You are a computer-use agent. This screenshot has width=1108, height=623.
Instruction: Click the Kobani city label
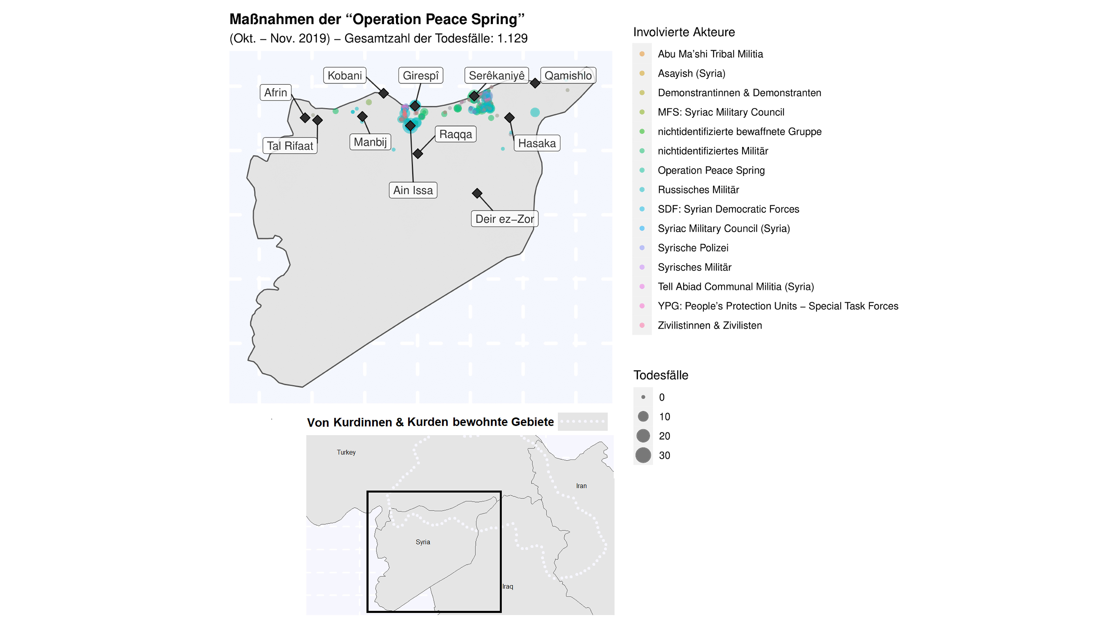coord(345,76)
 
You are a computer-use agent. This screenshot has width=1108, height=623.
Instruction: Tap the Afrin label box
coord(275,92)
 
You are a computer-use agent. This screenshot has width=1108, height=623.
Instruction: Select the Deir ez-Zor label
coord(504,219)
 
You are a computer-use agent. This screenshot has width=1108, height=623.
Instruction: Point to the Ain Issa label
coord(413,190)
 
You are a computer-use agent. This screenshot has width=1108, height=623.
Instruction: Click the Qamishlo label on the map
coord(568,76)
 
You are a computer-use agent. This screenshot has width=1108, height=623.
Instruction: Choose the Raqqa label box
coord(456,134)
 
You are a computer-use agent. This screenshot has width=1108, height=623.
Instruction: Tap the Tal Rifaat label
coord(290,146)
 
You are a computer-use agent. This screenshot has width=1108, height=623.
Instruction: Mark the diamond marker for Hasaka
coord(510,117)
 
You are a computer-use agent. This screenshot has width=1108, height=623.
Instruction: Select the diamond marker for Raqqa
coord(418,154)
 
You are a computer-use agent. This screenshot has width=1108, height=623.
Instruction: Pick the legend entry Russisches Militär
coord(698,190)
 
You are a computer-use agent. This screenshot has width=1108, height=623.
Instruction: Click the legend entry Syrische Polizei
coord(693,248)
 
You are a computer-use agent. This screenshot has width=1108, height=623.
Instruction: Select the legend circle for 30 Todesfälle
coord(643,455)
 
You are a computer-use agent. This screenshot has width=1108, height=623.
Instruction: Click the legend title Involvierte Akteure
coord(684,32)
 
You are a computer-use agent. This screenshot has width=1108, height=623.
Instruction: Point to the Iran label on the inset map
coord(581,486)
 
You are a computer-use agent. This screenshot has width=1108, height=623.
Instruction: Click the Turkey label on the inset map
coord(346,452)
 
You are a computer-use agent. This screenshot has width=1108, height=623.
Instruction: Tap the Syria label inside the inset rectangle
coord(423,542)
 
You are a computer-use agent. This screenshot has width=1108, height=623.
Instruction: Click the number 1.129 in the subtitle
coord(512,39)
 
